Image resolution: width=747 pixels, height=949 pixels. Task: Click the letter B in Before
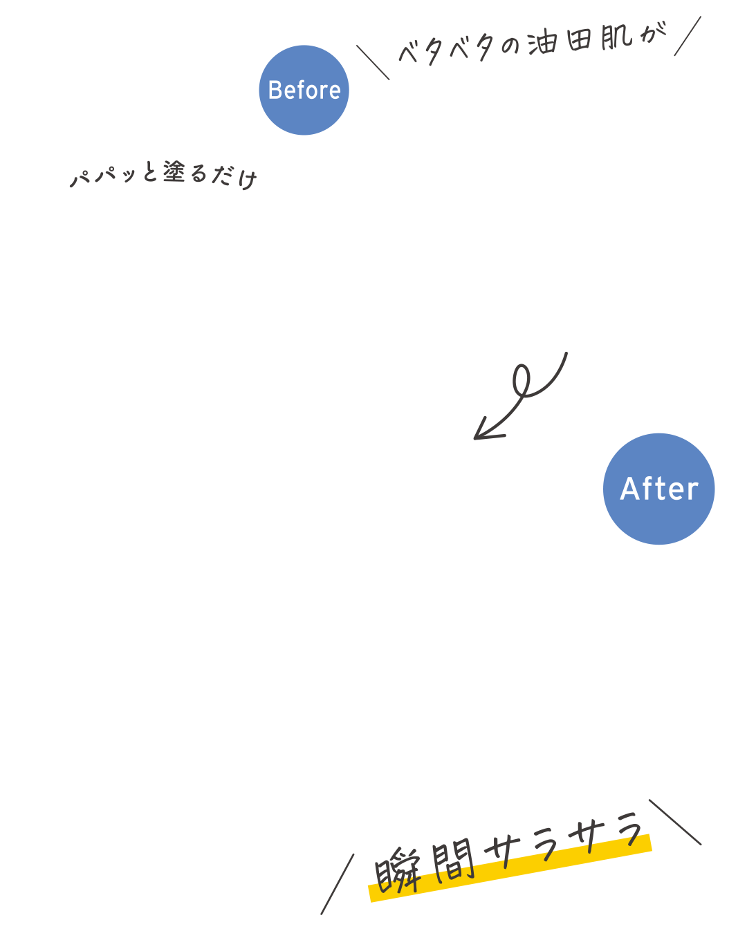(276, 91)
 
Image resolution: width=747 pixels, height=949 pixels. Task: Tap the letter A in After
(629, 489)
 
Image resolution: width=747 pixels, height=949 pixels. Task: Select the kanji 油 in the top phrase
(542, 44)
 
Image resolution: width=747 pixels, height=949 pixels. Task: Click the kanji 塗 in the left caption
(174, 172)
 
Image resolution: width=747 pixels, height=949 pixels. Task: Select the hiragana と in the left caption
(150, 173)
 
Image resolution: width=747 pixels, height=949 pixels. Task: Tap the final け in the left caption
(245, 178)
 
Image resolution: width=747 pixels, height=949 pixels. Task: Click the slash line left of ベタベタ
(373, 62)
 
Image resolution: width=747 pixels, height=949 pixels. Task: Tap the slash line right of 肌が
(688, 36)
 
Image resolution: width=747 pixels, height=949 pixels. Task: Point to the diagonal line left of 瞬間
(338, 883)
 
